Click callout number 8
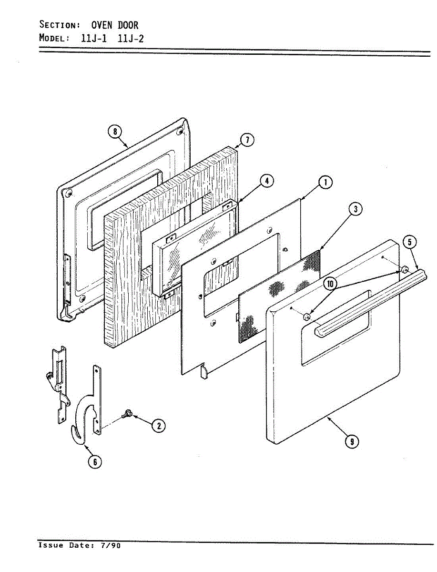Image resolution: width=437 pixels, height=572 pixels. (x=115, y=131)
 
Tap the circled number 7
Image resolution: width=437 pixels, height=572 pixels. (x=246, y=140)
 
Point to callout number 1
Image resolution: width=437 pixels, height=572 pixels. (x=325, y=182)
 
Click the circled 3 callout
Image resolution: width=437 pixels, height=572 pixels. (x=355, y=208)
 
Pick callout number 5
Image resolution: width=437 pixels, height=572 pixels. (x=409, y=242)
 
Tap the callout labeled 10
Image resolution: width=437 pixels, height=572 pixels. (x=330, y=284)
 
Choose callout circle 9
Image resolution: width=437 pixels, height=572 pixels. (x=352, y=442)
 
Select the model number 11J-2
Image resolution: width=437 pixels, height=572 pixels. (x=130, y=38)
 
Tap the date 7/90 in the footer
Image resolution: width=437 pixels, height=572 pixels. (x=111, y=545)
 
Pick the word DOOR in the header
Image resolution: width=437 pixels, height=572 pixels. (x=128, y=25)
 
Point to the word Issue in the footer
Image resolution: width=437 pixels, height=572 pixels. (x=51, y=545)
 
